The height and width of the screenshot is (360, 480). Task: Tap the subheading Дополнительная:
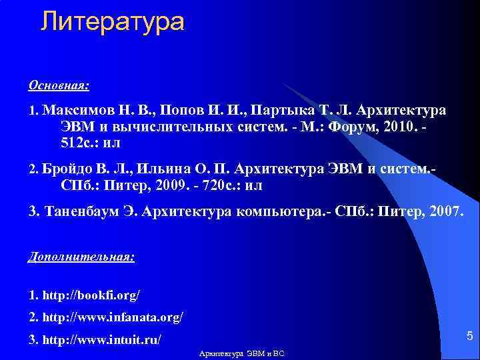coord(81,257)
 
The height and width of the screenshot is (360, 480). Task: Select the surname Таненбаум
coord(86,212)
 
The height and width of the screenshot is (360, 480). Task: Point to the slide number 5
coord(469,335)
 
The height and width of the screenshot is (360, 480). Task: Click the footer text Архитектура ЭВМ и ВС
coord(242,353)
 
